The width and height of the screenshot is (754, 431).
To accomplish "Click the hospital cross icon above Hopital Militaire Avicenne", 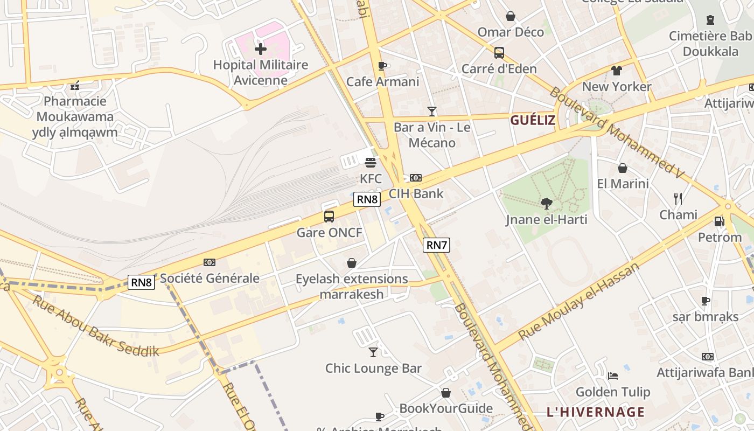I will (261, 49).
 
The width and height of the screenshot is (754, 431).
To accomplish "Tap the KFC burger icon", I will (371, 162).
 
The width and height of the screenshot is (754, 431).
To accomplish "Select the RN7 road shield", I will (436, 245).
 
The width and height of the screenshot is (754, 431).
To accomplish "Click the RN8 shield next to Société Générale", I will (141, 282).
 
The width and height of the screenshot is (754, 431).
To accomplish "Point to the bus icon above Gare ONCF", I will (329, 217).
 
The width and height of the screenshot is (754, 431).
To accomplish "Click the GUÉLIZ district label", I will (532, 120).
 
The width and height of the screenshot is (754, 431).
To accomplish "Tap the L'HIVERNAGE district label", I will (595, 412).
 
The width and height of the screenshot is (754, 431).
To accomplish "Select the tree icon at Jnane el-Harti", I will (547, 203).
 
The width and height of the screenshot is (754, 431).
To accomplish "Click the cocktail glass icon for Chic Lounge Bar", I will (373, 352).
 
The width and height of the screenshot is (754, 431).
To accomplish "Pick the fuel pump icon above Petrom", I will (719, 221).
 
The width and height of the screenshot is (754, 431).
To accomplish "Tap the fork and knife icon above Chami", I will (678, 199).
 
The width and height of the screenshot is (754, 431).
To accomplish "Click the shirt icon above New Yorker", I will (617, 71).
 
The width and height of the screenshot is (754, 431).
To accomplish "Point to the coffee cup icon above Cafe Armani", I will (382, 66).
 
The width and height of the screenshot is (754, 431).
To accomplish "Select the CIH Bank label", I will (416, 193).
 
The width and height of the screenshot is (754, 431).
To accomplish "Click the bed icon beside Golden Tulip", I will (612, 376).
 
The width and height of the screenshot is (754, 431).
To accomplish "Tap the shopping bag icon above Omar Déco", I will (511, 16).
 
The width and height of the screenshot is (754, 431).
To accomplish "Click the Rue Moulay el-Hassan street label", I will (579, 301).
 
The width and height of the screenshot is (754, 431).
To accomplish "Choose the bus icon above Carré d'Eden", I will (499, 53).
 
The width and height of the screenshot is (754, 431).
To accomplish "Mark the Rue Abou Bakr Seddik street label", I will (96, 325).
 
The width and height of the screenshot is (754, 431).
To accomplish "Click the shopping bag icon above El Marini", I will (623, 168).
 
